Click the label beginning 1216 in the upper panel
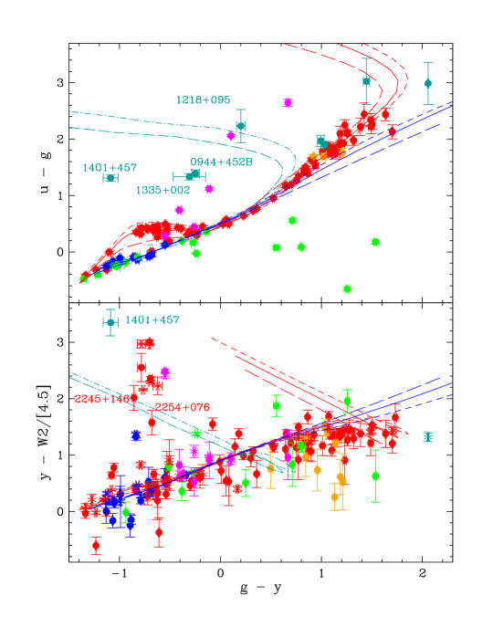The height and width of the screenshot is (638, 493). tap(203, 100)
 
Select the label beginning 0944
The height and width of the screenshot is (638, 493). tap(221, 162)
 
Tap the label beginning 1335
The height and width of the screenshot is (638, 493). tap(163, 191)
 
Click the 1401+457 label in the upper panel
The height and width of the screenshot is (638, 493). tap(110, 168)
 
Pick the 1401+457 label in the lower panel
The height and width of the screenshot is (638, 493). tap(152, 320)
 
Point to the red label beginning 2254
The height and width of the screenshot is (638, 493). tap(182, 407)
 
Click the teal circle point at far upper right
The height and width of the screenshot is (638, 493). tap(427, 83)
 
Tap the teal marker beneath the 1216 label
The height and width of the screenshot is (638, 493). tap(241, 126)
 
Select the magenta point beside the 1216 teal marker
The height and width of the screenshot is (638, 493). tap(231, 136)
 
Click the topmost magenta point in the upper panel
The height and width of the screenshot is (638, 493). tap(288, 103)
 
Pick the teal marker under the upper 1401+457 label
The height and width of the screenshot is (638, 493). tap(110, 178)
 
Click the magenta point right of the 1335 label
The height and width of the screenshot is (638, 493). tap(209, 189)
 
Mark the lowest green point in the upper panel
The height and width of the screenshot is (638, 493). tap(347, 288)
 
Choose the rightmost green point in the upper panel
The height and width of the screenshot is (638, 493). tap(375, 242)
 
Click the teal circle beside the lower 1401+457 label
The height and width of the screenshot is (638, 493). tap(110, 322)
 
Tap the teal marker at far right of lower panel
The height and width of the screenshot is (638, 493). tap(428, 437)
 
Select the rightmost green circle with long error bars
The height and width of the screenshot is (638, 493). tap(375, 476)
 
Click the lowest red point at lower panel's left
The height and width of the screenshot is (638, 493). tap(96, 545)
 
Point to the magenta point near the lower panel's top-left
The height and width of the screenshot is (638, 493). tap(165, 373)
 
